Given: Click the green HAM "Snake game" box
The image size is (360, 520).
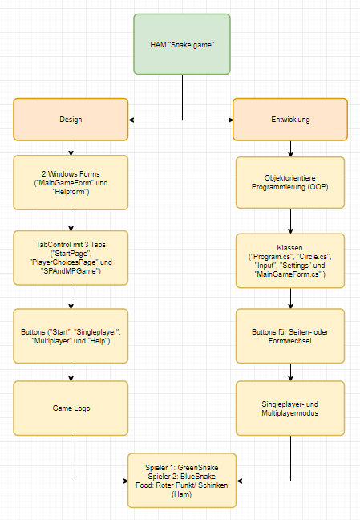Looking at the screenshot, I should (182, 43).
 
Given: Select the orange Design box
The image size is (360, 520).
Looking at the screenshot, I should (71, 120).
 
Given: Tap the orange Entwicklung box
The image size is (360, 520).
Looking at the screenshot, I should (290, 120).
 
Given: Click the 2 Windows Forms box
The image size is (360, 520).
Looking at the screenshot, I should (71, 182).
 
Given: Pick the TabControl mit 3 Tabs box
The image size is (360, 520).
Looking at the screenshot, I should (71, 258).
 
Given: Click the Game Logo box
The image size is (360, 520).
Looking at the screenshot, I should (71, 408).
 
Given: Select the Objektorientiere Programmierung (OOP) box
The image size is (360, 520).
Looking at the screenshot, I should (290, 182).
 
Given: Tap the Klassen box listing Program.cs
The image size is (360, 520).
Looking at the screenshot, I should (290, 260).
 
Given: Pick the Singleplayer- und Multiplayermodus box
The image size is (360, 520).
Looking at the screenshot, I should (290, 408).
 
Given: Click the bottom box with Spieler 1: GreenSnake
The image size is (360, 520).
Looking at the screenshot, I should (182, 480).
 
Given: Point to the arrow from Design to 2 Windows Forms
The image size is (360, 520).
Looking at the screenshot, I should (71, 148).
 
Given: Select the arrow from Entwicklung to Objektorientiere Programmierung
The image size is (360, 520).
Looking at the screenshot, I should (290, 149).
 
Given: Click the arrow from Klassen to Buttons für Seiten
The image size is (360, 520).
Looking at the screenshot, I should (290, 298).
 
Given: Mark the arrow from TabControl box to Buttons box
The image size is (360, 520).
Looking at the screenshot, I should (71, 297).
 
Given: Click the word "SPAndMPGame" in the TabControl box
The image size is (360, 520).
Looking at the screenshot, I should (74, 271).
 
